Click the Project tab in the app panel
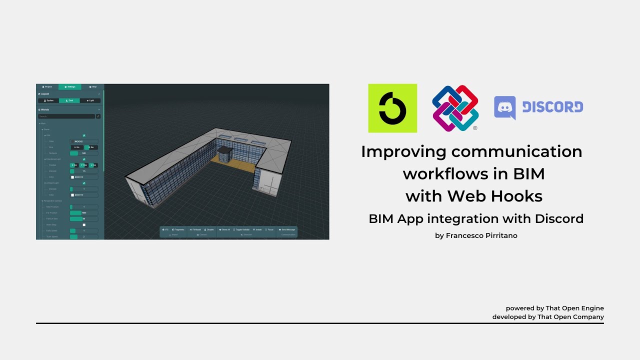point(47,87)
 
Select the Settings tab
point(70,87)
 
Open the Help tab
point(93,87)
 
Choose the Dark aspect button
point(69,100)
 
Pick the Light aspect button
point(90,100)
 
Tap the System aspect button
point(48,100)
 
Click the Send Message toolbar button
point(287,229)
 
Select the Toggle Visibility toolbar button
point(241,229)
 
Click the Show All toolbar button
point(224,229)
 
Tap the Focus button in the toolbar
point(269,229)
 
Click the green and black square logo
point(392,108)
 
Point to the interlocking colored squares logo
point(455,107)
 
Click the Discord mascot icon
point(504,107)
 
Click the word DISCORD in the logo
point(552,107)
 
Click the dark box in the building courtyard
point(224,154)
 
